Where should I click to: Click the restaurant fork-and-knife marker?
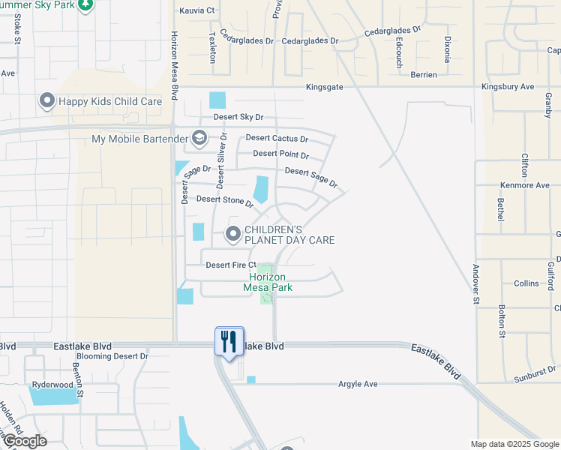(229, 341)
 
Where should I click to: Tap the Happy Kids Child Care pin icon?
(47, 101)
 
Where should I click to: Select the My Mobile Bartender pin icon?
(199, 138)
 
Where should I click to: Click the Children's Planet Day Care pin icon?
(233, 235)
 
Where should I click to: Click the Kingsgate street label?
(324, 88)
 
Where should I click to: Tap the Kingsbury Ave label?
(506, 87)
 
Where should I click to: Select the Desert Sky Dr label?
(238, 117)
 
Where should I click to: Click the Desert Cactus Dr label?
(277, 139)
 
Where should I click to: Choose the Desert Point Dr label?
(280, 154)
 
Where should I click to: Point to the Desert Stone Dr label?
(225, 200)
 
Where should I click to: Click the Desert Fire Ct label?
(231, 265)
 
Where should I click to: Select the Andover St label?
(475, 283)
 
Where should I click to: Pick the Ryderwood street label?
(52, 385)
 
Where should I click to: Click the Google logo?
(24, 441)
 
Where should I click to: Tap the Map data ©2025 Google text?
(514, 444)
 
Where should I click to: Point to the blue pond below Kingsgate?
(217, 100)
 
